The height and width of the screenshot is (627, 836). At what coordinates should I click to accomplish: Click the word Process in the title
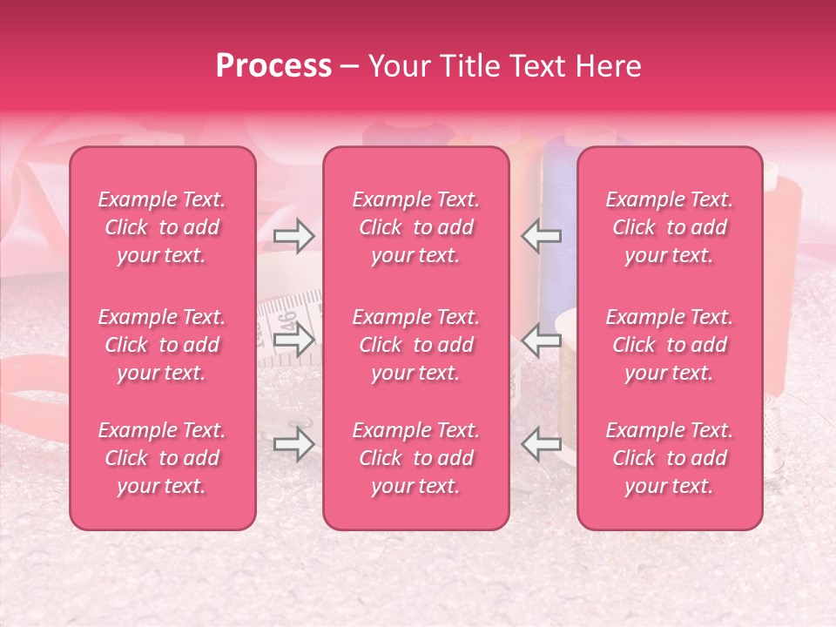(x=273, y=66)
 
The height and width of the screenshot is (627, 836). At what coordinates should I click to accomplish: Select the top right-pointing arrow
(x=293, y=236)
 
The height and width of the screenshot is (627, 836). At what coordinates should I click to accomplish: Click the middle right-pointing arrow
(x=293, y=340)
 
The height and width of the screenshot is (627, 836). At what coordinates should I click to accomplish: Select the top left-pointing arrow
(x=542, y=236)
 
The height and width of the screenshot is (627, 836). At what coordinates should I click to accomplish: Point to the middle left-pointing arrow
(x=542, y=340)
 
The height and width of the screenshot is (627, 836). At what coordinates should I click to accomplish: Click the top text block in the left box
(x=162, y=227)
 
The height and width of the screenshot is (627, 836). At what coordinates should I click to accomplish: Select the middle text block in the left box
(x=162, y=345)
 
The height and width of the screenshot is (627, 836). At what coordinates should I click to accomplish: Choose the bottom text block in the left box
(x=162, y=458)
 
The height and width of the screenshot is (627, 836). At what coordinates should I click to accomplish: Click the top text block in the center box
(x=415, y=227)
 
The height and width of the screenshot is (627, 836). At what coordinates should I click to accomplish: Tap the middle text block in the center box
(x=415, y=345)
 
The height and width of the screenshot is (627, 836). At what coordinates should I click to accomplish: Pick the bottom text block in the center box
(x=415, y=458)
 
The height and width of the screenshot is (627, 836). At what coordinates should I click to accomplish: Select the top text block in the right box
(x=669, y=227)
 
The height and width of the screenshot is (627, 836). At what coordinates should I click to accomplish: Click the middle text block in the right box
(x=669, y=345)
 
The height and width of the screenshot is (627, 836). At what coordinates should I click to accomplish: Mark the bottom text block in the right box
(x=669, y=458)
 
